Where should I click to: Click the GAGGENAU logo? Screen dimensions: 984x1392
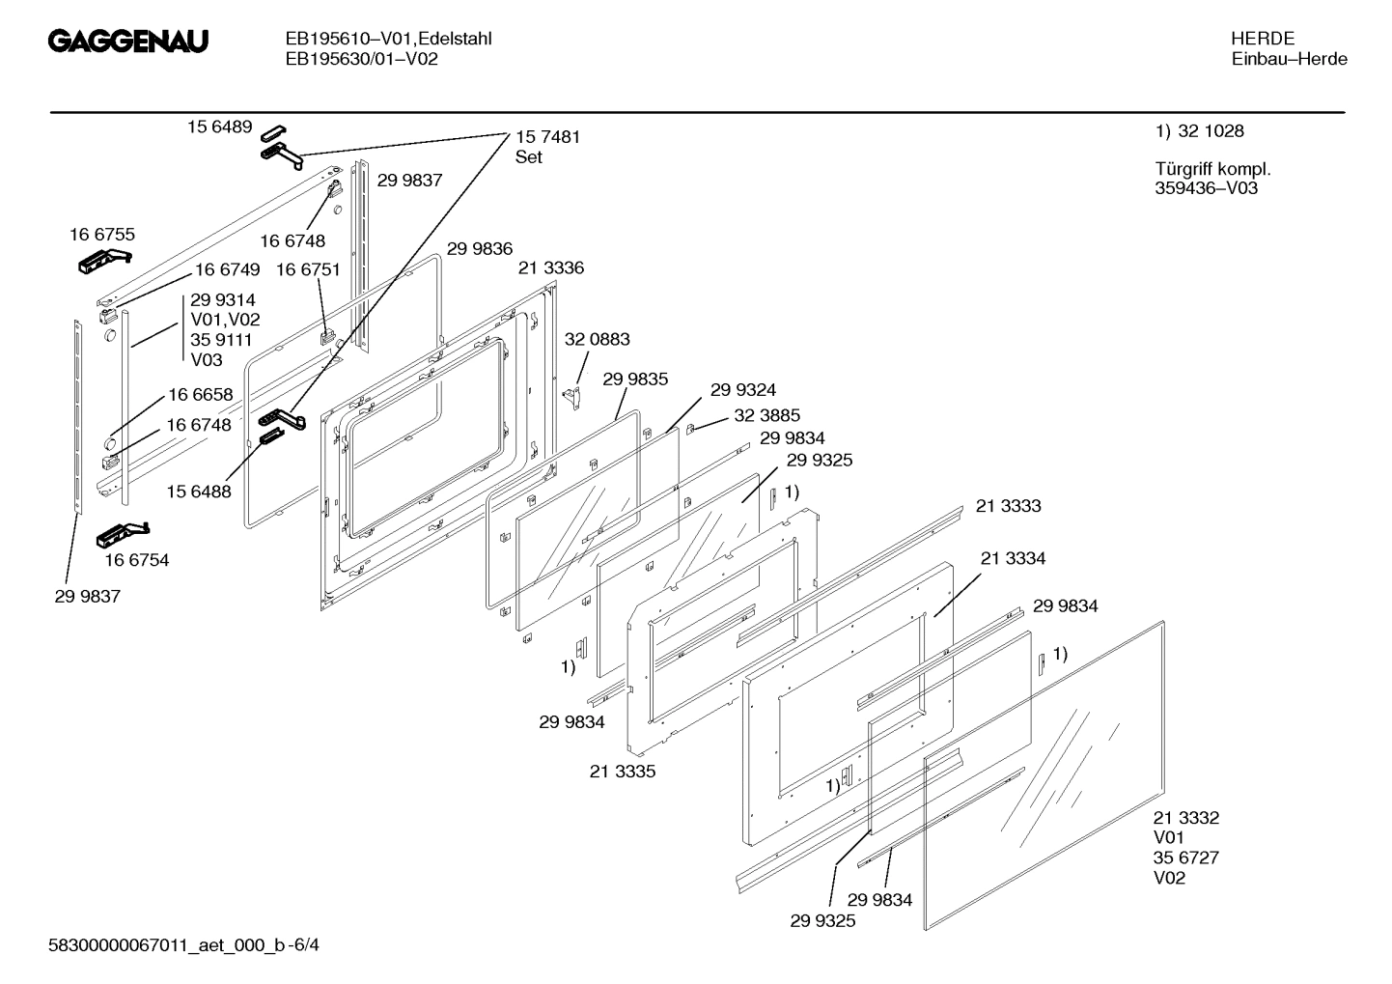click(x=128, y=42)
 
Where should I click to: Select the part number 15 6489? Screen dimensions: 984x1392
click(x=219, y=127)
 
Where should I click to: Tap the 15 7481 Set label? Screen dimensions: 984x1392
click(x=547, y=147)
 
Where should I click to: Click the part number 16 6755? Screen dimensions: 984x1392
click(x=102, y=234)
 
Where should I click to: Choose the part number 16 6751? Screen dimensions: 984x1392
click(x=308, y=269)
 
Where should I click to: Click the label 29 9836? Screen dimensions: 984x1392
click(x=480, y=248)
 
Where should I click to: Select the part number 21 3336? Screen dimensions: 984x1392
click(x=550, y=267)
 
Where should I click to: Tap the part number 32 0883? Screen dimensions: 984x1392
click(x=597, y=339)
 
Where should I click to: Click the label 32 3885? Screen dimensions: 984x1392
click(x=766, y=415)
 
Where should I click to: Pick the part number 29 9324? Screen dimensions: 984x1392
click(x=742, y=390)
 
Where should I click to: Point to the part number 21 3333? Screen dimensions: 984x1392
click(x=1008, y=506)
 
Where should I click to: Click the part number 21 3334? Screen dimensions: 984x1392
click(x=1013, y=558)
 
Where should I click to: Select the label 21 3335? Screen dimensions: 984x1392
click(x=623, y=772)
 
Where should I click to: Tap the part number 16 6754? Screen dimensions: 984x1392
click(x=137, y=560)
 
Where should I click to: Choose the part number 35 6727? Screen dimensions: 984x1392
click(x=1185, y=857)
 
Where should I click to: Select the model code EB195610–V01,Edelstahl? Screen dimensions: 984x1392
click(x=388, y=39)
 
